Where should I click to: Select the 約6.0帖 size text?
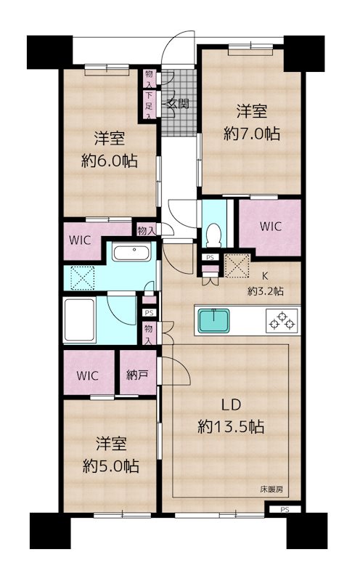[110, 160]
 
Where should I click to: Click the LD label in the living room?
[231, 405]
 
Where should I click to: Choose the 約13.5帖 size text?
[231, 428]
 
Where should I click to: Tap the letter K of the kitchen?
[264, 277]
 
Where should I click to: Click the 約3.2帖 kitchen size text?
[265, 290]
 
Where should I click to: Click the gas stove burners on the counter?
[282, 319]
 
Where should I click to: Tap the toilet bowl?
[213, 233]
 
